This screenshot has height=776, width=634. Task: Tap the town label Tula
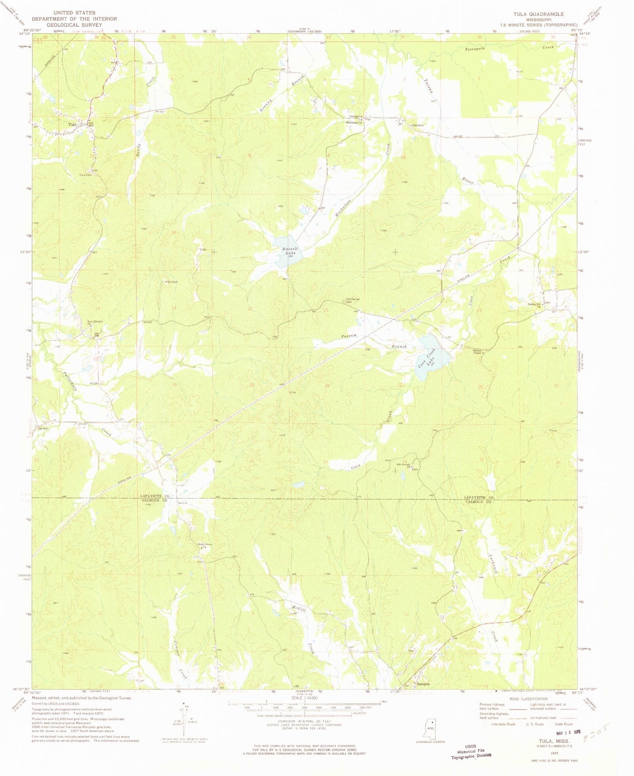[72, 125]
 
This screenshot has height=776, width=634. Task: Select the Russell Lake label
[289, 251]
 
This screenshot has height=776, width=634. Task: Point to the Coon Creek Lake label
[428, 358]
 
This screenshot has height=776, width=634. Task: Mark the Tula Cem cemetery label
[85, 175]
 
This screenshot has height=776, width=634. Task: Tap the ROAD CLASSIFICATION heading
[528, 699]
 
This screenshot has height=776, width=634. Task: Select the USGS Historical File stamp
[471, 751]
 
